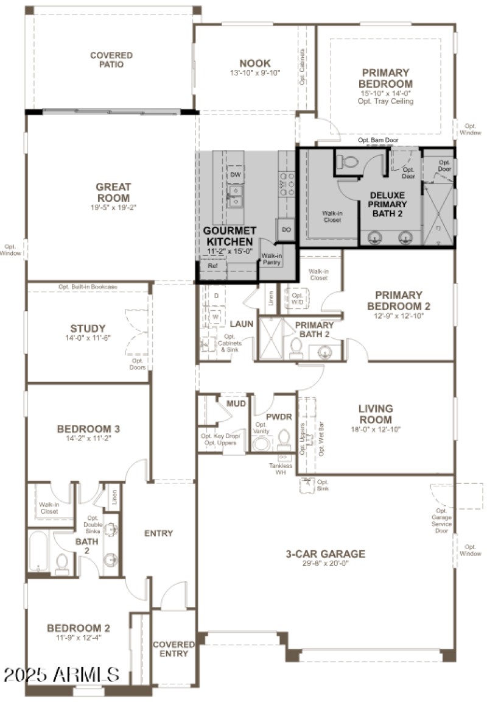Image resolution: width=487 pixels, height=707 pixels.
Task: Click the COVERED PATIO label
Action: [x=111, y=60]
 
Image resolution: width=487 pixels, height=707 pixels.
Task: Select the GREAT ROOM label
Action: [x=113, y=193]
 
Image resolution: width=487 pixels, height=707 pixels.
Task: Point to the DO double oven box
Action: [x=286, y=230]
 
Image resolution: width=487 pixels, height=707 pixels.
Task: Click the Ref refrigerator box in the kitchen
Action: [x=212, y=266]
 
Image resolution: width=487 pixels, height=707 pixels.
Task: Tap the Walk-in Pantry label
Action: [x=272, y=259]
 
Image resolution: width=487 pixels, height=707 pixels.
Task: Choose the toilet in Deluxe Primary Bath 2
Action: [x=349, y=162]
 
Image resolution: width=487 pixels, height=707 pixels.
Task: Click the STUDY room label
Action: [x=88, y=328]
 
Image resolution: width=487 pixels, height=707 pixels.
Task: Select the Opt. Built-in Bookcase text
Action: [x=88, y=286]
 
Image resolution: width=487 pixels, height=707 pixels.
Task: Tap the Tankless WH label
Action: [x=281, y=470]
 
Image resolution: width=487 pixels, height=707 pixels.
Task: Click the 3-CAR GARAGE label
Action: [x=326, y=554]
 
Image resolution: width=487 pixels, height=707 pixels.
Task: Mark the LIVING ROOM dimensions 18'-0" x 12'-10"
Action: [x=375, y=430]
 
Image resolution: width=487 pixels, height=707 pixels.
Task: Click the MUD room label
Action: [x=236, y=403]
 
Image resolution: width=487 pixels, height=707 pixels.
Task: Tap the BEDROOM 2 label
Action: [x=79, y=628]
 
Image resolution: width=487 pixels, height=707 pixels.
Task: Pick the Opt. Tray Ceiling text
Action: [x=385, y=101]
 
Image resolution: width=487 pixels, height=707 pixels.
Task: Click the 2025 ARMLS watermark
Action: [x=61, y=674]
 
